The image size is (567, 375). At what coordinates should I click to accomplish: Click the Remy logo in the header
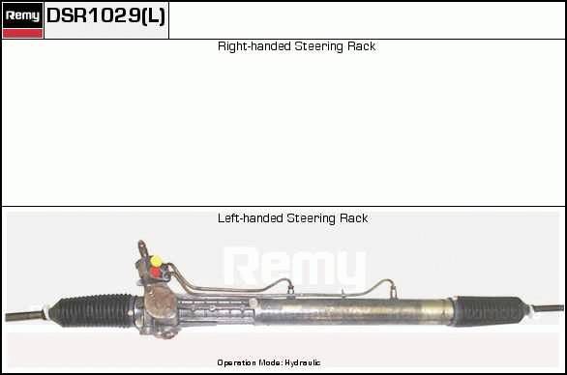pyautogui.click(x=22, y=15)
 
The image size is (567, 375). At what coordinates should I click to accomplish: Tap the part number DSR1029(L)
pyautogui.click(x=106, y=15)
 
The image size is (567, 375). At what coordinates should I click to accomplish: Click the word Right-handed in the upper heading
pyautogui.click(x=254, y=46)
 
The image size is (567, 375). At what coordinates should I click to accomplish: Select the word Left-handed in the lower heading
pyautogui.click(x=251, y=218)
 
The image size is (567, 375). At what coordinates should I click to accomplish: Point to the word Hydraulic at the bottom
pyautogui.click(x=302, y=362)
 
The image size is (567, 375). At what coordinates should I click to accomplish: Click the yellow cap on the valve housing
pyautogui.click(x=156, y=261)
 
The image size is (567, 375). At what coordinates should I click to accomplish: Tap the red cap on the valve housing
pyautogui.click(x=155, y=272)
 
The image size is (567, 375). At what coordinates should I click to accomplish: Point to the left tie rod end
pyautogui.click(x=24, y=315)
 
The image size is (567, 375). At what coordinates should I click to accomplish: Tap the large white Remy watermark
pyautogui.click(x=295, y=267)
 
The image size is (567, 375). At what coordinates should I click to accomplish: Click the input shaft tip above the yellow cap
pyautogui.click(x=141, y=244)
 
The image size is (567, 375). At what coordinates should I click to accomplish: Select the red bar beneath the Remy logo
pyautogui.click(x=22, y=33)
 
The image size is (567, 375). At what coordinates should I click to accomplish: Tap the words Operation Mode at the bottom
pyautogui.click(x=250, y=362)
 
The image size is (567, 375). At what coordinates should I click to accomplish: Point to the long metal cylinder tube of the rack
pyautogui.click(x=354, y=311)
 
